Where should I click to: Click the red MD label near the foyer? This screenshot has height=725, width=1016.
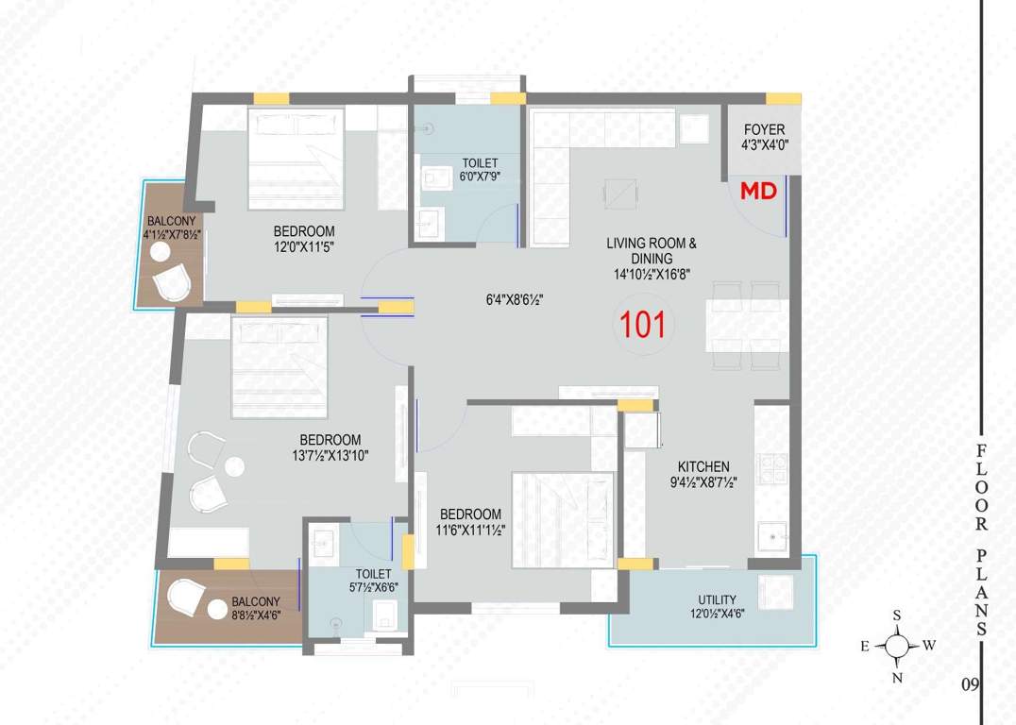click(x=757, y=192)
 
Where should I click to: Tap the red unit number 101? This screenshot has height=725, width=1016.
click(x=643, y=325)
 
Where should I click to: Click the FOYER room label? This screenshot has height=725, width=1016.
click(x=764, y=129)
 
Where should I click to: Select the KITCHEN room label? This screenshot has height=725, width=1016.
click(x=703, y=466)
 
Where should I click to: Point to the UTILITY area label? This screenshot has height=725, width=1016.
click(x=718, y=600)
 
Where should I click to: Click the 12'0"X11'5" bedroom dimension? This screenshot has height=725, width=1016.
click(x=304, y=246)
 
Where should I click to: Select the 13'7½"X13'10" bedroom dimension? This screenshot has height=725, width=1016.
click(x=330, y=455)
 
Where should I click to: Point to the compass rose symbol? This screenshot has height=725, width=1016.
click(x=897, y=647)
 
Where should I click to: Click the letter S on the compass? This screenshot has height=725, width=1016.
click(x=897, y=615)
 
